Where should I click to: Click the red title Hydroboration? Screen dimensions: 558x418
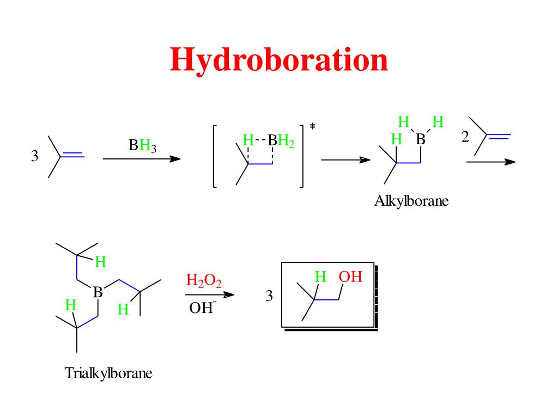click(279, 59)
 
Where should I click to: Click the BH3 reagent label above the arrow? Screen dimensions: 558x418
click(142, 146)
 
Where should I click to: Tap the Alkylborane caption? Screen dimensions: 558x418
click(411, 201)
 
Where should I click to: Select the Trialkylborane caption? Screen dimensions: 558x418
click(108, 373)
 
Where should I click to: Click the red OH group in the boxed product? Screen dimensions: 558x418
click(350, 277)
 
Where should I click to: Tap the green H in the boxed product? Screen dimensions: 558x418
click(321, 278)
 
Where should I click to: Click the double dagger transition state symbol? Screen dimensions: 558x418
click(313, 126)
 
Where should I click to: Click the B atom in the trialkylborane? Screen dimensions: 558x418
click(98, 292)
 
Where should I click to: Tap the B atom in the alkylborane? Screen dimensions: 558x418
click(420, 140)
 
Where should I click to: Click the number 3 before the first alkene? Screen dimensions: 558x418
click(35, 157)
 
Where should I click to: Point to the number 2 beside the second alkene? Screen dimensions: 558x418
click(465, 137)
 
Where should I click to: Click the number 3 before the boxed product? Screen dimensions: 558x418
click(269, 297)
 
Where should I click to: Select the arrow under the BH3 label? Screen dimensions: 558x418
click(142, 159)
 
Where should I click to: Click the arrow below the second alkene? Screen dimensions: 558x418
click(490, 162)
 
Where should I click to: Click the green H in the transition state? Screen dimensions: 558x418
click(248, 141)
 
